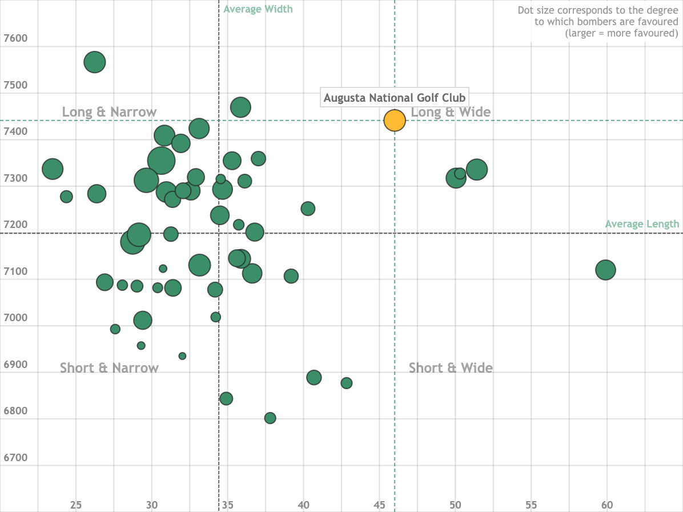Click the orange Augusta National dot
394,120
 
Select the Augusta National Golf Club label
395,98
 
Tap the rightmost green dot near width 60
605,270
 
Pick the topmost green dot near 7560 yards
95,62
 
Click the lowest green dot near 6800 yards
270,418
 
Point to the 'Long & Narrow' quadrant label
109,112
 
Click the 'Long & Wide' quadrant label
451,112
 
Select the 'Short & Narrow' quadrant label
109,368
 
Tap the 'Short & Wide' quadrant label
451,368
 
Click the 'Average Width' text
258,9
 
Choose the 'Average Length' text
642,224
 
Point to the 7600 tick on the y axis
15,38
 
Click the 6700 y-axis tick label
15,458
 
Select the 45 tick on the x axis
379,505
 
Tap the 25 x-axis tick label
76,505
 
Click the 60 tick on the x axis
607,505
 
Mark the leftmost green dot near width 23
53,169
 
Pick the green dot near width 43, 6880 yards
347,383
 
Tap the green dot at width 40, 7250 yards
308,209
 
